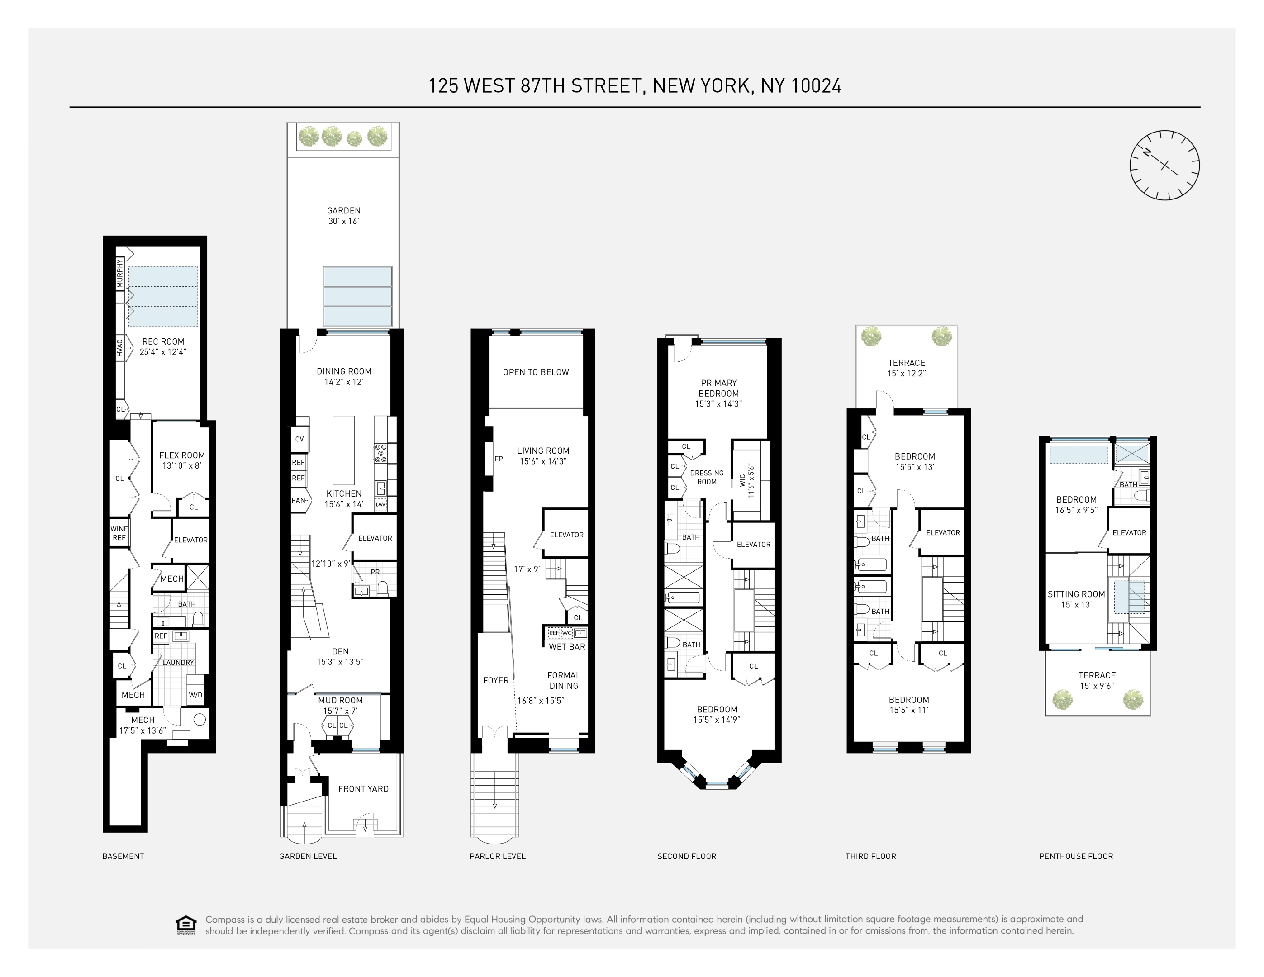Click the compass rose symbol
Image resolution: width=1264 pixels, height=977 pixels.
click(1164, 166)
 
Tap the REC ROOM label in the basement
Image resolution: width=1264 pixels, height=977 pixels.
click(163, 346)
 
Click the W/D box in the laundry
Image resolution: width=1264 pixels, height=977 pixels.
click(195, 695)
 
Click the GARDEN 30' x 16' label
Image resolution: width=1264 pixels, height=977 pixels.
click(344, 216)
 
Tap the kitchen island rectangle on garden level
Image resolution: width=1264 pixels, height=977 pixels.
click(343, 450)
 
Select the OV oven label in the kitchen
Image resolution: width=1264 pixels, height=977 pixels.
click(299, 439)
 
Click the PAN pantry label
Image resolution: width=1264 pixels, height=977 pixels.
click(298, 500)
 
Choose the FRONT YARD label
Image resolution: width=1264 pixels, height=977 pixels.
click(363, 788)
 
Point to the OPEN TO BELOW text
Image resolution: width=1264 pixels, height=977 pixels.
click(536, 372)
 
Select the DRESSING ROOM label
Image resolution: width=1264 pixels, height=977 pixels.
click(707, 477)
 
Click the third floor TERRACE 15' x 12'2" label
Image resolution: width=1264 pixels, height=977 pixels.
click(906, 368)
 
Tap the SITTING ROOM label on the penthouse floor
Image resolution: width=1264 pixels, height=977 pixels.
click(1076, 599)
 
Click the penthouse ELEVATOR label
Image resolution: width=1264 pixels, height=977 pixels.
click(1129, 532)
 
